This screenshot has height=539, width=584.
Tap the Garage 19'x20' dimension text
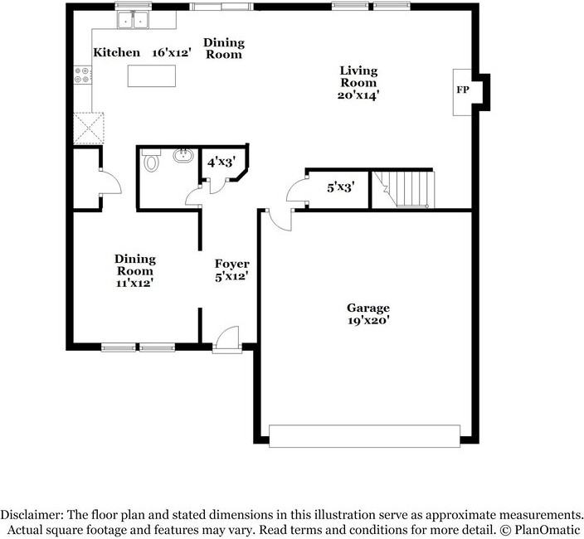pyautogui.click(x=368, y=319)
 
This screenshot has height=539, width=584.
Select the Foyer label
pyautogui.click(x=232, y=264)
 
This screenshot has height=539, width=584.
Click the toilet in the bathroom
pyautogui.click(x=150, y=162)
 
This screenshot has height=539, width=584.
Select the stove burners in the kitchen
pyautogui.click(x=82, y=75)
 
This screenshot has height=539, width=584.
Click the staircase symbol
pyautogui.click(x=403, y=190)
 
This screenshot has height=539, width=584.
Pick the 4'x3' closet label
pyautogui.click(x=221, y=162)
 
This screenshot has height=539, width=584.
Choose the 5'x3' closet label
pyautogui.click(x=340, y=187)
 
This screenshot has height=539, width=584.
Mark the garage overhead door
pyautogui.click(x=364, y=435)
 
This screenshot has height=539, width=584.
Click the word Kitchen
pyautogui.click(x=116, y=52)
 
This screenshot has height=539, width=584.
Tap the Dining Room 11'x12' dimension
pyautogui.click(x=134, y=283)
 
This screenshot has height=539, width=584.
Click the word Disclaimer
pyautogui.click(x=32, y=514)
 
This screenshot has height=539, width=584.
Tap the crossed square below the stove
pyautogui.click(x=89, y=128)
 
